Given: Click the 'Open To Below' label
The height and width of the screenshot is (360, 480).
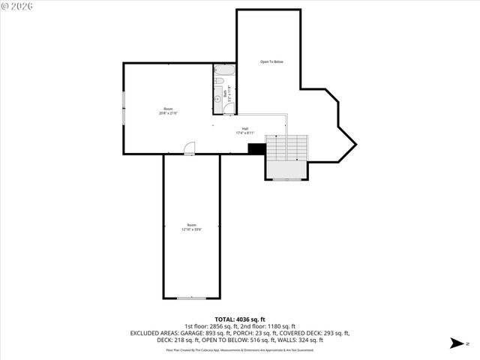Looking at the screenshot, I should click(271, 61).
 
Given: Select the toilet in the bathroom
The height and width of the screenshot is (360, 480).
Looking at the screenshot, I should click(219, 81).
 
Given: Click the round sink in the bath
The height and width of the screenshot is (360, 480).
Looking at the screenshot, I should click(218, 95).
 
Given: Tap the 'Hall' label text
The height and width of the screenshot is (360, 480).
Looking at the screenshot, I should click(245, 128).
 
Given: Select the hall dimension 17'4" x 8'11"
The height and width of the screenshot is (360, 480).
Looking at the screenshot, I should click(245, 133).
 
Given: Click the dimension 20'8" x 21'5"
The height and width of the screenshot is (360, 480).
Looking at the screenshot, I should click(168, 113).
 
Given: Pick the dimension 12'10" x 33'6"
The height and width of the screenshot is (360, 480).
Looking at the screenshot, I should click(191, 229).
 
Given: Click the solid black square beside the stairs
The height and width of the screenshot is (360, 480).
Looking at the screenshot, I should click(256, 148).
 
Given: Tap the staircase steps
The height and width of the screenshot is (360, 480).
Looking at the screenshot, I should click(287, 148).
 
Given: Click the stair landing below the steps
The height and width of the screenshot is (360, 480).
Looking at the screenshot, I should click(286, 171).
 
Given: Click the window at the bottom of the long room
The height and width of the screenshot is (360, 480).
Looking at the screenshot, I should click(191, 298).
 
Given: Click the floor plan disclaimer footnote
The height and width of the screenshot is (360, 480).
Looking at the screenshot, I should click(239, 349).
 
